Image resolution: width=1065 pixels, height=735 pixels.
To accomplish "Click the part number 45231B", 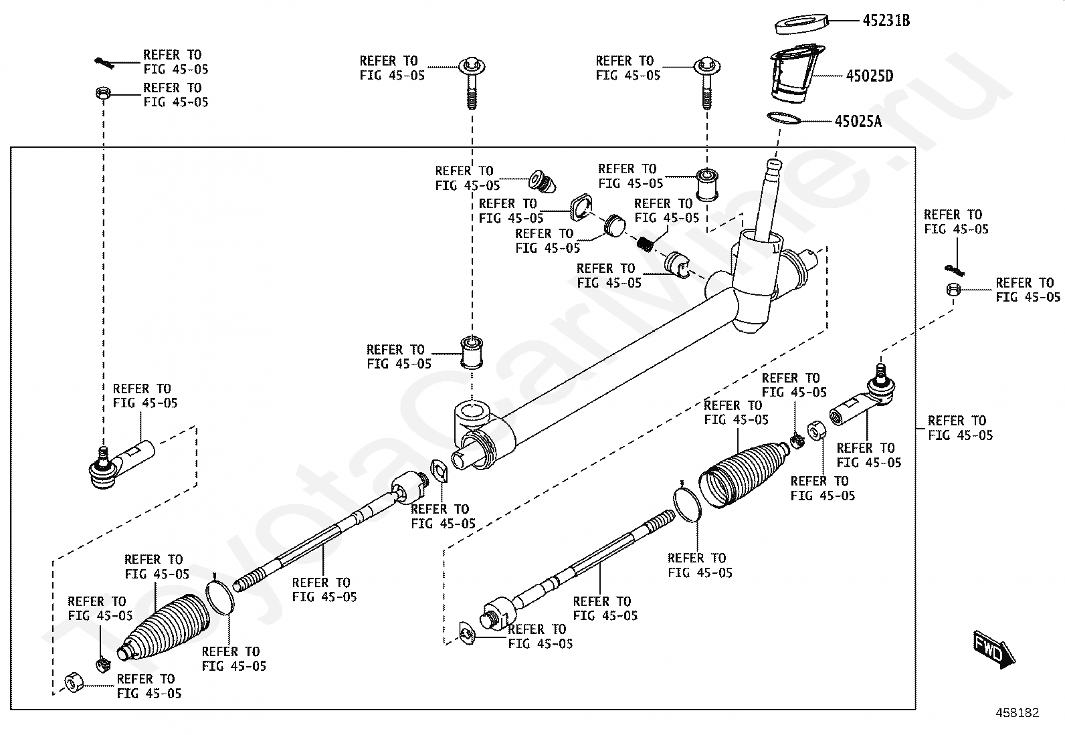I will click(x=886, y=21).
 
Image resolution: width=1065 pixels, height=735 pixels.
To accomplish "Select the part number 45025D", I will click(x=869, y=76).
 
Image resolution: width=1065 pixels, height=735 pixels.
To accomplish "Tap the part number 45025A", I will click(x=858, y=121).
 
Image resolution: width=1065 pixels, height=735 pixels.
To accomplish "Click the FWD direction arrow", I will click(x=993, y=649).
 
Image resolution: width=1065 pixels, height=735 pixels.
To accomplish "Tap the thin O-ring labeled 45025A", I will click(x=783, y=118).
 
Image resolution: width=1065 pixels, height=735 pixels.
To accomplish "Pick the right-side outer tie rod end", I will click(x=863, y=401).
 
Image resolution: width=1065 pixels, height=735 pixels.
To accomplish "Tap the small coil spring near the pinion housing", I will click(x=645, y=244).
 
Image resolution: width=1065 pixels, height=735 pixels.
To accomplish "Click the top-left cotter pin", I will click(x=102, y=62).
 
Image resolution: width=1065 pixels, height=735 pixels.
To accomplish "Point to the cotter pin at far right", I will click(x=955, y=270).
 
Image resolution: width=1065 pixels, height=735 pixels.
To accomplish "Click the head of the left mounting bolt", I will click(x=472, y=67).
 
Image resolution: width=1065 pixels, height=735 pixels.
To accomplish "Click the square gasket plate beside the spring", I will click(x=580, y=208).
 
